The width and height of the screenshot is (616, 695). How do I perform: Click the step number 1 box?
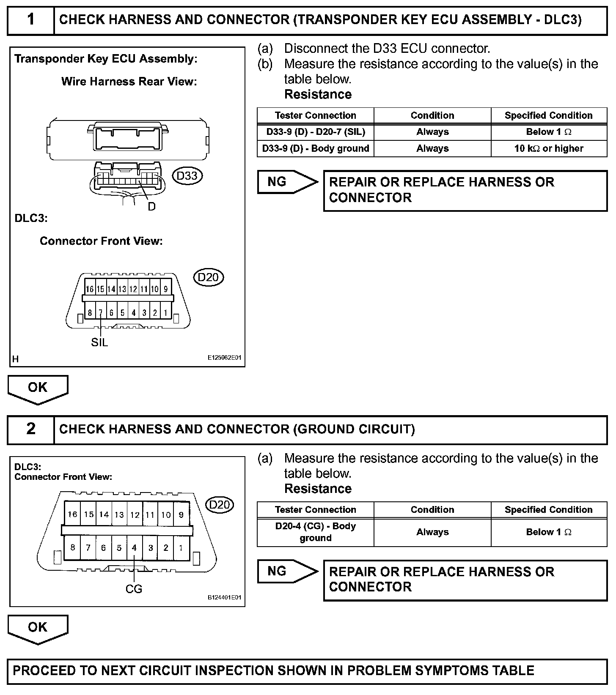point(31,20)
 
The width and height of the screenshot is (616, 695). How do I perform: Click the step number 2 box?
point(31,429)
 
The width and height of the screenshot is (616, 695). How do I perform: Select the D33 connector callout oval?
point(187,175)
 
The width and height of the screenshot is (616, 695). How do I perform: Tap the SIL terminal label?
point(100,342)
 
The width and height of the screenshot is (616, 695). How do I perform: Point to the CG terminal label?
point(134,588)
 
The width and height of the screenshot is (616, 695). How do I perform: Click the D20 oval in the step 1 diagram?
point(208,277)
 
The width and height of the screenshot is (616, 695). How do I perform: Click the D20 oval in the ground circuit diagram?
point(220,505)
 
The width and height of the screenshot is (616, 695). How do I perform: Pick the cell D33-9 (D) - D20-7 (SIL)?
point(316,132)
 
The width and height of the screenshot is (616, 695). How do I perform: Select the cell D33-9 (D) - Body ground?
point(316,148)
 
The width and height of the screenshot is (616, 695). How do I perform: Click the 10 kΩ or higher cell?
point(549,148)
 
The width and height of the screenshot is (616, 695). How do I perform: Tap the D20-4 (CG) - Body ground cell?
point(316,532)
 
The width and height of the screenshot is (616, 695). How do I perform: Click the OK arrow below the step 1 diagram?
point(38,389)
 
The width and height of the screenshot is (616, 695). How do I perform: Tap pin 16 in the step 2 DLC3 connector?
point(72,514)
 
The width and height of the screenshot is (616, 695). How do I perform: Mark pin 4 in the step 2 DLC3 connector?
point(135,548)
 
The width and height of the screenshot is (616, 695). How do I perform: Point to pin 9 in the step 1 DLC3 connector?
point(166,289)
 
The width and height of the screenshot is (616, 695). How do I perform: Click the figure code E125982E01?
point(224,358)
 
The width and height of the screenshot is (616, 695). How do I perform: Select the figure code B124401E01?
point(224,598)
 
